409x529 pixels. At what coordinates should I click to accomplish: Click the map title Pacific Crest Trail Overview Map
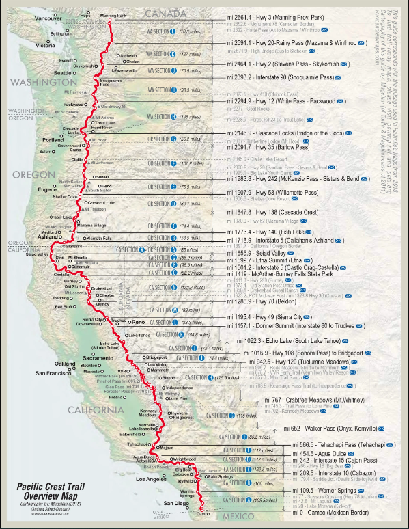click(x=55, y=492)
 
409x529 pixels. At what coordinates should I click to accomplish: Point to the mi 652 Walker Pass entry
click(x=318, y=428)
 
